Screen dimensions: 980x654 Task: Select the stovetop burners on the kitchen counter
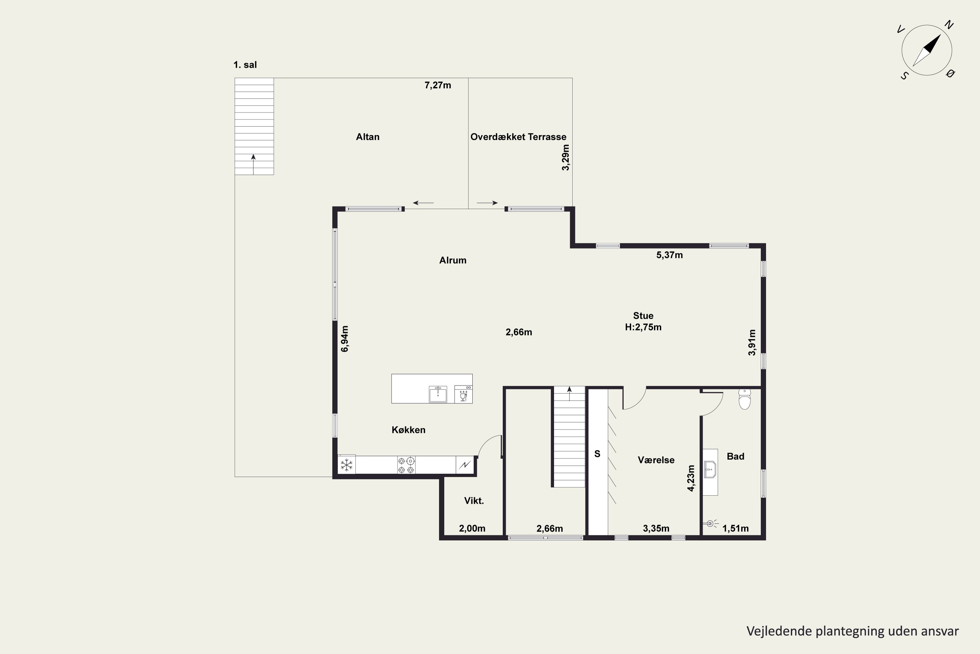tap(406, 465)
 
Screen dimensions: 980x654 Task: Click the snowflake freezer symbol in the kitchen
tap(346, 465)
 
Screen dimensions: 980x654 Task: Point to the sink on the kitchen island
tap(438, 394)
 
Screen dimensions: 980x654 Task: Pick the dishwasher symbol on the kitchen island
tap(463, 394)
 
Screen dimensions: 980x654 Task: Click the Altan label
tap(367, 137)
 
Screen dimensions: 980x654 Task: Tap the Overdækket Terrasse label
tap(518, 137)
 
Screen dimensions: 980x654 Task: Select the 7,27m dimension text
tap(437, 85)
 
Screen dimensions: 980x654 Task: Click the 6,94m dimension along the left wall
tap(345, 339)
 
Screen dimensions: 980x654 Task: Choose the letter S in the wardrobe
tap(597, 454)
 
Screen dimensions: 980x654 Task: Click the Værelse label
tap(656, 460)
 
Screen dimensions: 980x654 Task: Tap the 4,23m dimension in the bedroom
tap(691, 478)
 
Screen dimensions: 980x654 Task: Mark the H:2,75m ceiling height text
tap(643, 327)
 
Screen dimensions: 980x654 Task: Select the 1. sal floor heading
tap(245, 65)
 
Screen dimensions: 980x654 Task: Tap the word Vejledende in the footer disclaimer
tap(779, 631)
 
